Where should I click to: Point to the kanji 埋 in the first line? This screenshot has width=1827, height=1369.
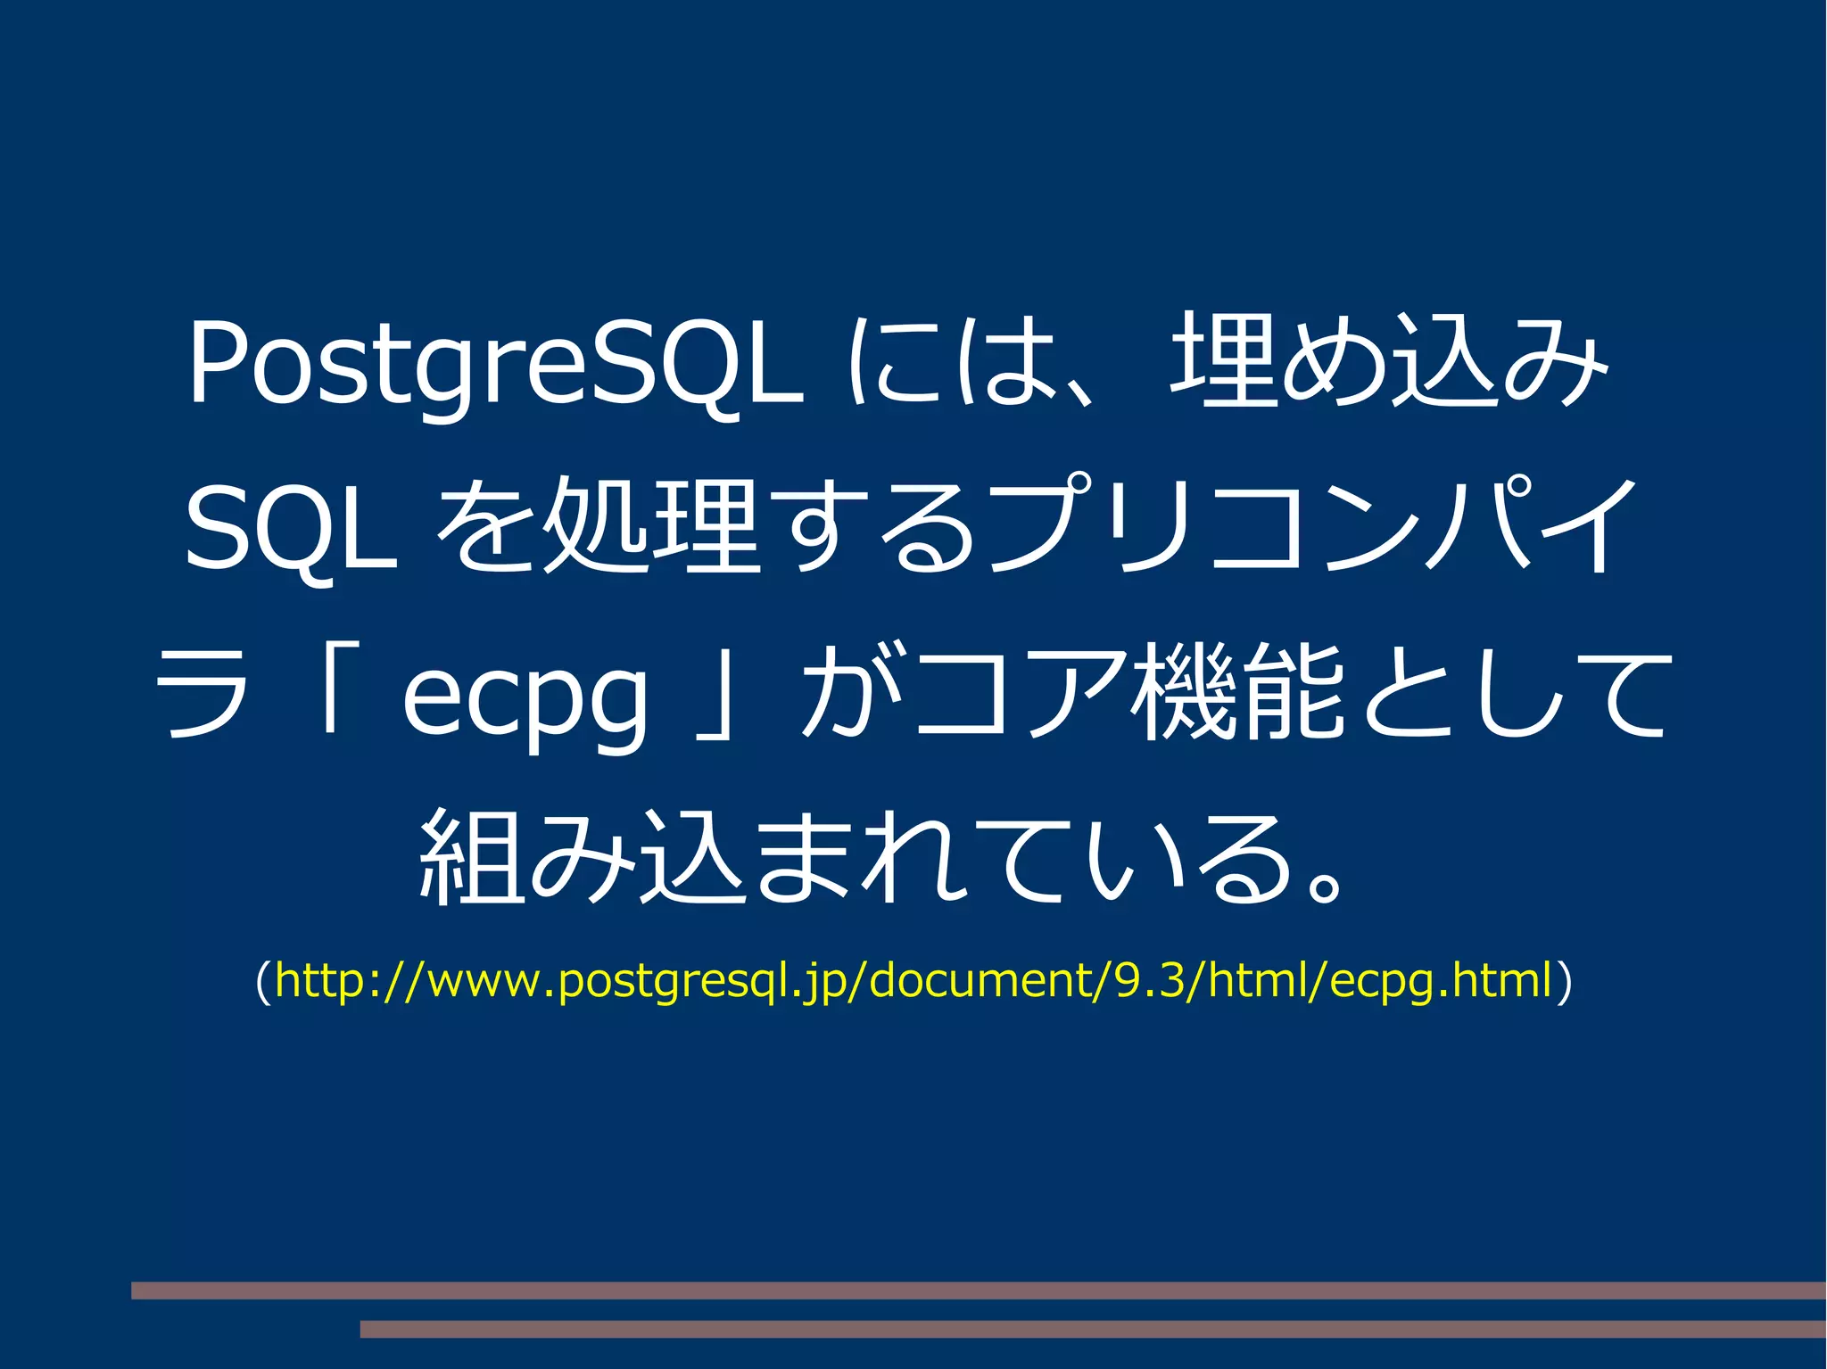click(x=1223, y=360)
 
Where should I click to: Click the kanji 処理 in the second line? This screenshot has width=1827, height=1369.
click(x=651, y=526)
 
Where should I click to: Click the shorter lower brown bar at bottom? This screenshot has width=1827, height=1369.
click(x=1092, y=1329)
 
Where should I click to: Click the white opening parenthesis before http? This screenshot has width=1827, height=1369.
click(x=263, y=981)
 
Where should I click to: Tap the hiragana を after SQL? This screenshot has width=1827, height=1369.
click(x=487, y=526)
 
